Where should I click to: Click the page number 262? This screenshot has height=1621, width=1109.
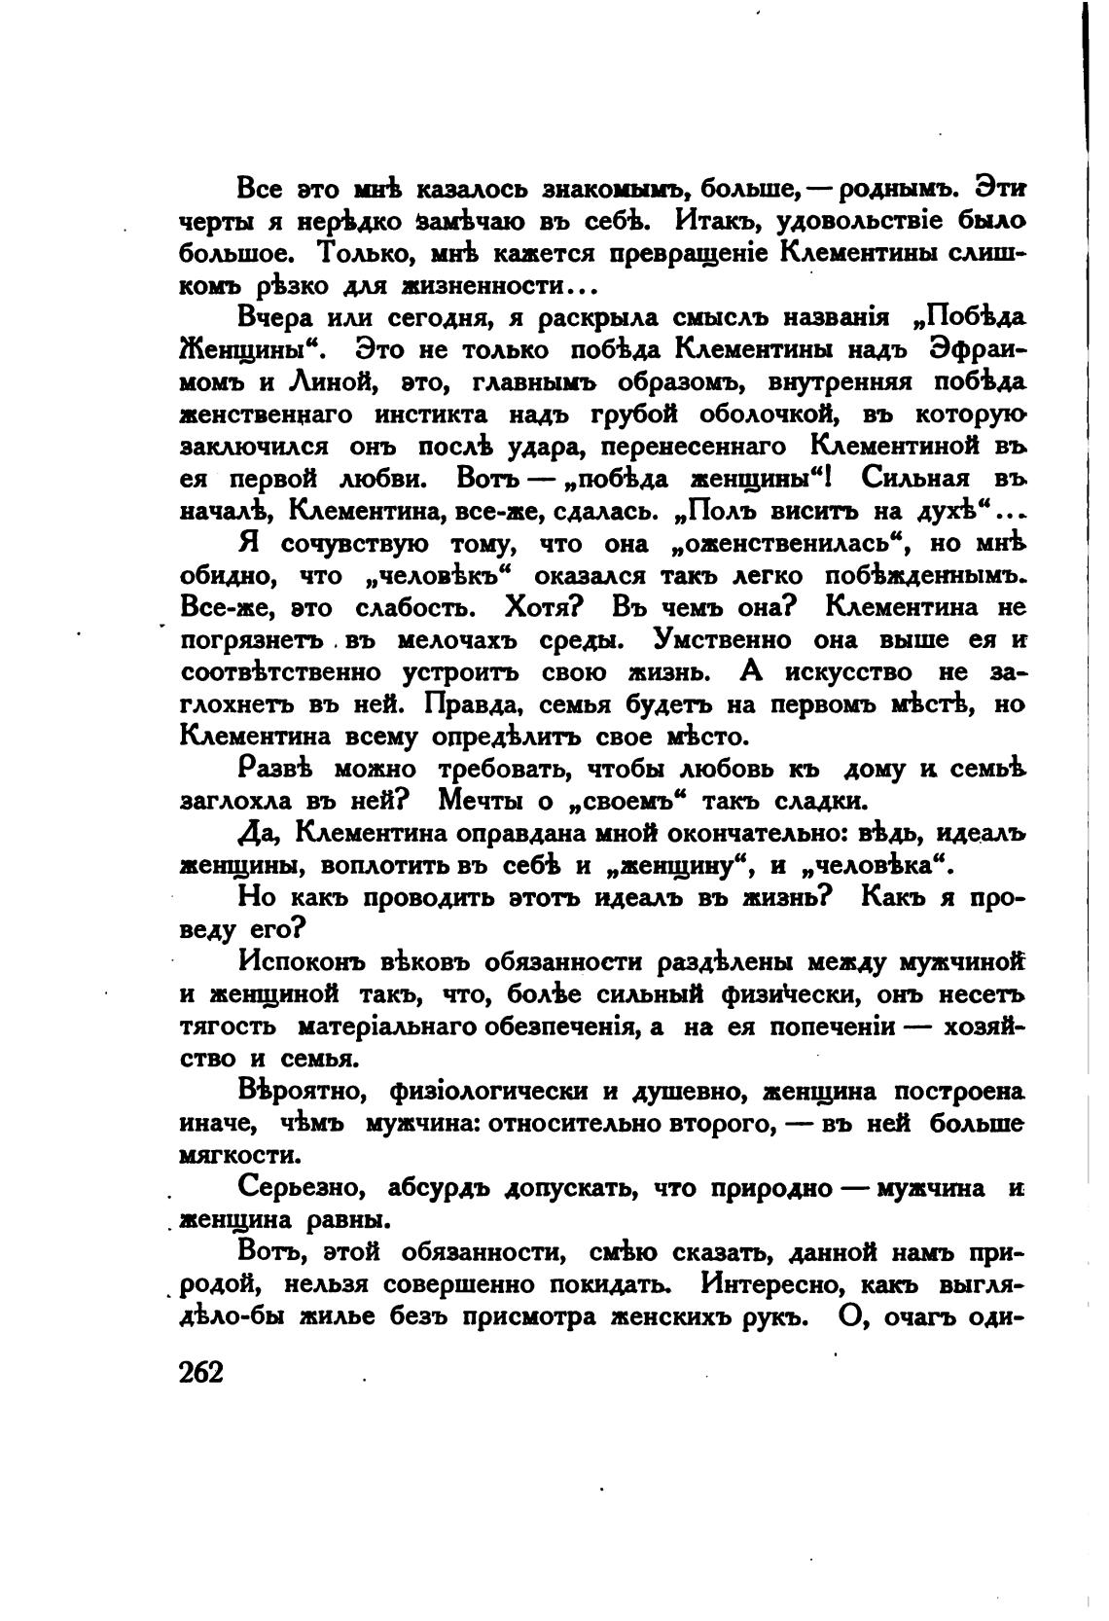tap(202, 1372)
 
